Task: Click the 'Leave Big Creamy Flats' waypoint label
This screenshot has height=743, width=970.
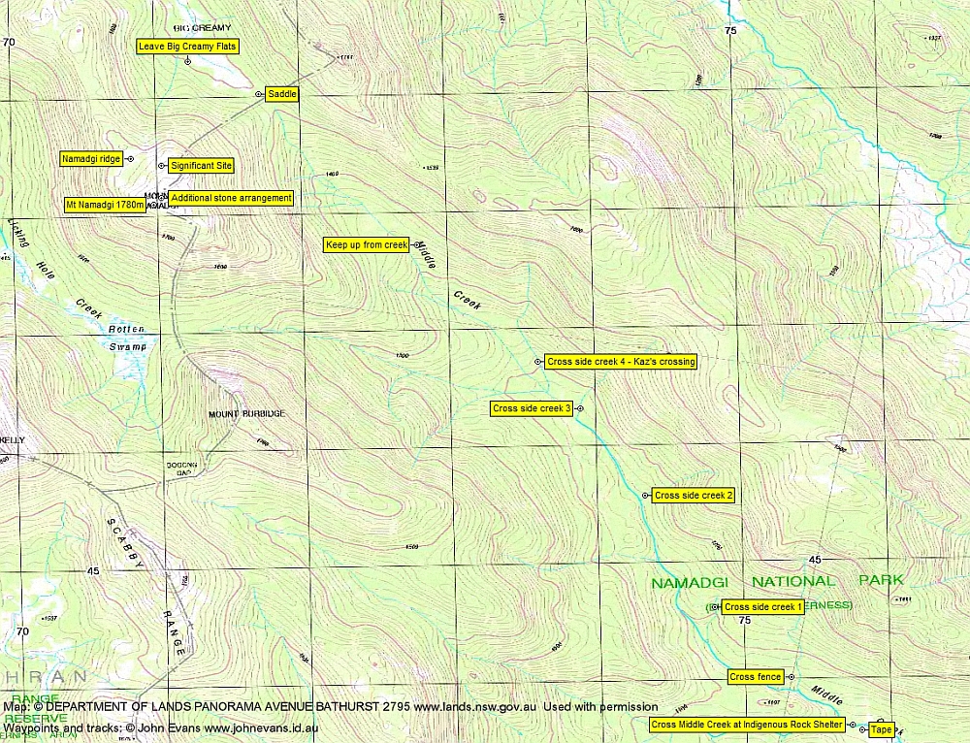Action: (x=187, y=46)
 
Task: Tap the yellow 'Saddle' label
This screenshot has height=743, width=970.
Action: (x=281, y=94)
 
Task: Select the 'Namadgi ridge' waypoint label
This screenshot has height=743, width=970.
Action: (x=90, y=158)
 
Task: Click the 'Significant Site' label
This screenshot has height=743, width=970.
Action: (x=201, y=166)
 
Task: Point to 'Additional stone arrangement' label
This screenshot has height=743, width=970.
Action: (x=231, y=198)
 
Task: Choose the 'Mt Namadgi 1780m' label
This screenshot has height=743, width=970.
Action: (x=104, y=205)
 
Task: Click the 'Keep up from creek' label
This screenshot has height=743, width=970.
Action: (x=367, y=245)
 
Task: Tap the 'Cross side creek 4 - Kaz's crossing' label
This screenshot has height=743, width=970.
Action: (x=621, y=362)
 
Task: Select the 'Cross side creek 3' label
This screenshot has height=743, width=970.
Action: (x=532, y=408)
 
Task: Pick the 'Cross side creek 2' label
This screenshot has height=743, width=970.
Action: (x=694, y=496)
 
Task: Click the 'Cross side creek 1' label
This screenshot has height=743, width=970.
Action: (x=763, y=607)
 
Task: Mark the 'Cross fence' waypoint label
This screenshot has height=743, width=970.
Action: (x=756, y=677)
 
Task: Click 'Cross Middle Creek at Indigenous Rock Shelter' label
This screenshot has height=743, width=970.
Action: (x=747, y=725)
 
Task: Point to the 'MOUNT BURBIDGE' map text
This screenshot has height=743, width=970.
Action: (x=246, y=414)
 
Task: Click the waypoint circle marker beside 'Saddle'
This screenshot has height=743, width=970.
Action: (x=258, y=94)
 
